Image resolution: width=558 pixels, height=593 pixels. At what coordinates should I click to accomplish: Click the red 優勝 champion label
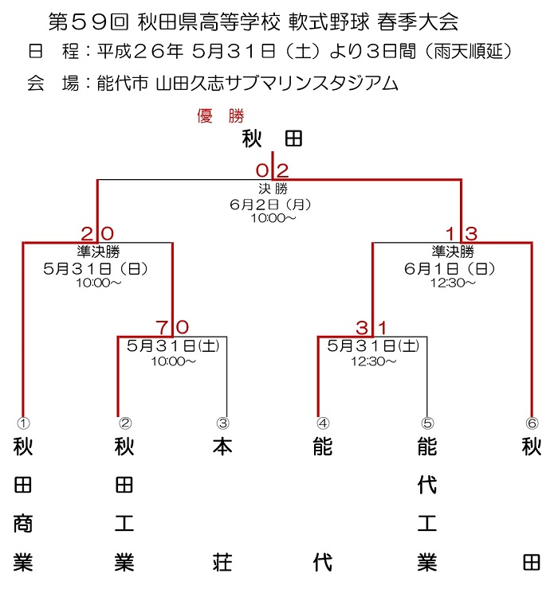click(221, 115)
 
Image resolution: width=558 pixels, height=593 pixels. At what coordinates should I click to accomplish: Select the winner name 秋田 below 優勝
click(273, 138)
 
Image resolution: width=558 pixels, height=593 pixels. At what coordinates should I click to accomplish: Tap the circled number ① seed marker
click(23, 423)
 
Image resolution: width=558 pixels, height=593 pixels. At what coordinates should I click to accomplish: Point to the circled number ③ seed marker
click(223, 423)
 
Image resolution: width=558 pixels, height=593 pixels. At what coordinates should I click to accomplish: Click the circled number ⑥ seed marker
click(532, 423)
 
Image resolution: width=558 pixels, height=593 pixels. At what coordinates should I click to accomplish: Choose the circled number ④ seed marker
click(323, 423)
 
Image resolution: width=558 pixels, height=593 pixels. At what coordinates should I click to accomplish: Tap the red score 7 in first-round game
click(162, 327)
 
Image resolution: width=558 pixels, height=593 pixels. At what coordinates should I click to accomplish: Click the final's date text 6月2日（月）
click(270, 205)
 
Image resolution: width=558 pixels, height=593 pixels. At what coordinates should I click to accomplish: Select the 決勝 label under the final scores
click(273, 189)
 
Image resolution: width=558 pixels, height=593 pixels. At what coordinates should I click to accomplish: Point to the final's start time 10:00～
click(273, 218)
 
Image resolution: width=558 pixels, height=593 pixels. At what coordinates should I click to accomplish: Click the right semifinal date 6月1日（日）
click(450, 269)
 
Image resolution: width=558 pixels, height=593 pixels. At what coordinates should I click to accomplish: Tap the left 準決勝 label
click(99, 251)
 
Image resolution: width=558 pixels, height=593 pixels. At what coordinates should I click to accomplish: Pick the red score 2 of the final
click(283, 170)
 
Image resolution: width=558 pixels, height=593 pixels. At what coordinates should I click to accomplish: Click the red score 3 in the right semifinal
click(471, 234)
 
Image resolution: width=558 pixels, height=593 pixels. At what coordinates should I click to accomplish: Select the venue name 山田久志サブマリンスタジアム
click(277, 84)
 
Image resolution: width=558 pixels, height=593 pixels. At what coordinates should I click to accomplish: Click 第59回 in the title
click(89, 22)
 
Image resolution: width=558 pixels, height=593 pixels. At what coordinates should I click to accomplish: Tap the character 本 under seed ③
click(222, 447)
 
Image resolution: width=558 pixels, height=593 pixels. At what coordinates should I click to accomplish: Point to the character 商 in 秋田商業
click(23, 524)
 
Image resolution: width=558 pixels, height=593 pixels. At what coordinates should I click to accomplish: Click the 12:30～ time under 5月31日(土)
click(374, 361)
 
